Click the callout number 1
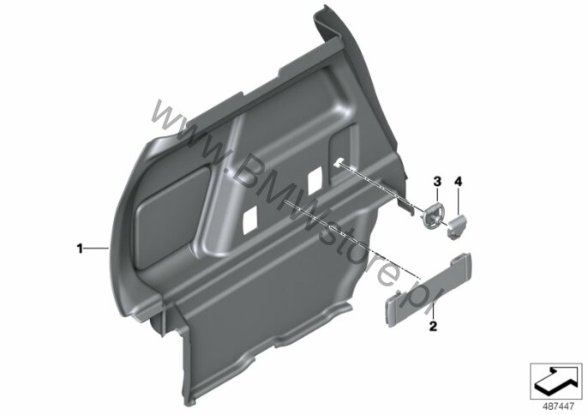[x=80, y=249]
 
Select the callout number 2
[x=433, y=326]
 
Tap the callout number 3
[x=437, y=182]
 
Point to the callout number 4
[x=458, y=182]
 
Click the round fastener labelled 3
[x=434, y=214]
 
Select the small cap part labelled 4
[x=458, y=226]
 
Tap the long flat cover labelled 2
[x=429, y=290]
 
